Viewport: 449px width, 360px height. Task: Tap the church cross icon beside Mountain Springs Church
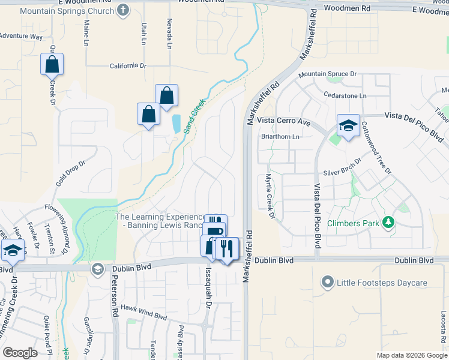124,10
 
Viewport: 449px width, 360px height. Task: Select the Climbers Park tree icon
388,223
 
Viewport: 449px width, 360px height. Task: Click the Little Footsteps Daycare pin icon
327,281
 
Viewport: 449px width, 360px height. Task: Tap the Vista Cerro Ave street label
283,121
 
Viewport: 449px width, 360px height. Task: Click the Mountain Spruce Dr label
328,74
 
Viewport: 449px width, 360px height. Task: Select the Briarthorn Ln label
280,136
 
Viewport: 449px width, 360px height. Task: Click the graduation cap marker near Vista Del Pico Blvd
348,126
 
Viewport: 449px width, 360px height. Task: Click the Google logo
20,353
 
